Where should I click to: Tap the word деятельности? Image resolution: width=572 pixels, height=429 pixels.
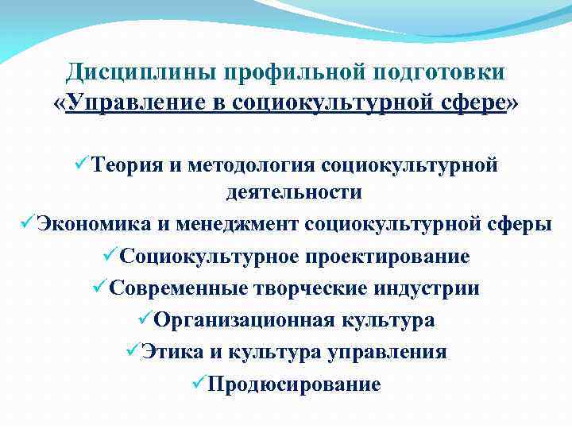pyautogui.click(x=294, y=191)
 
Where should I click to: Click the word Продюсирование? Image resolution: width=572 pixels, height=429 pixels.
pyautogui.click(x=293, y=385)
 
